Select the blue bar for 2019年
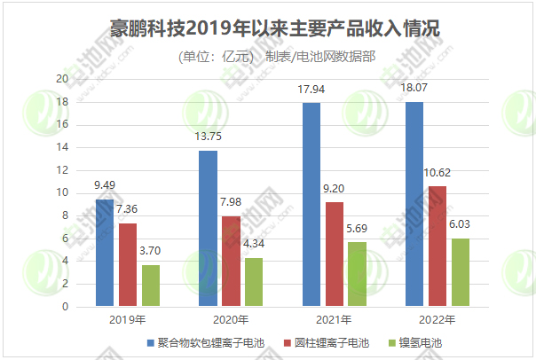(105, 253)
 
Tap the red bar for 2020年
(231, 262)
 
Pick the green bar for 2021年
(357, 275)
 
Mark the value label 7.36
(128, 209)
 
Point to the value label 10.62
(461, 172)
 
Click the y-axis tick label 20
(62, 79)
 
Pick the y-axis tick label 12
(62, 170)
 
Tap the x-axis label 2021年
(335, 321)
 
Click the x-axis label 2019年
(128, 321)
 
